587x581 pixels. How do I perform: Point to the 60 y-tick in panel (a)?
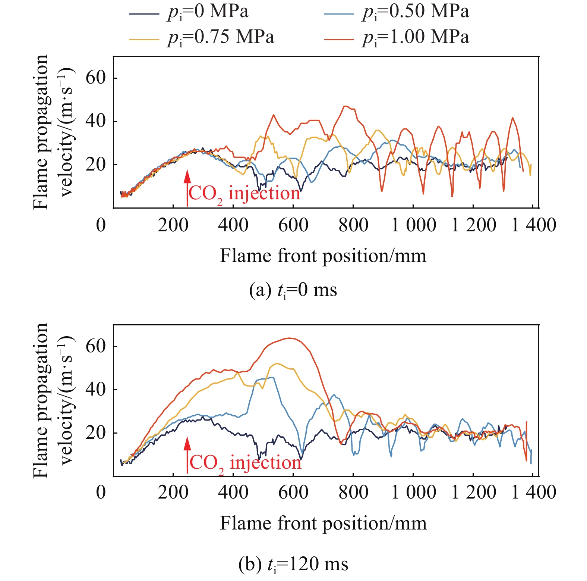(x=95, y=78)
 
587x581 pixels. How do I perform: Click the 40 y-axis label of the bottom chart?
(x=95, y=390)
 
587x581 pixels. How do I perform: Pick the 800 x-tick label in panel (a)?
(x=353, y=225)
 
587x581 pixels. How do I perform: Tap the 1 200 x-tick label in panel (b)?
(x=473, y=492)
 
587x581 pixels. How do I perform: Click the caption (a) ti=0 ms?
(x=293, y=290)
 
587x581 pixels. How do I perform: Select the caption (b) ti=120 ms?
(x=293, y=564)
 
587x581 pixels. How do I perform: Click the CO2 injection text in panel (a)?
(x=244, y=194)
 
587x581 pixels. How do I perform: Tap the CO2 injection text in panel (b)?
(x=245, y=463)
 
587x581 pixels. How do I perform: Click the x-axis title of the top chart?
(x=323, y=256)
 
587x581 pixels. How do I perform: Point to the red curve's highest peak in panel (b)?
(x=290, y=338)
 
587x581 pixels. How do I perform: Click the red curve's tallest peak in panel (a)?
(x=346, y=106)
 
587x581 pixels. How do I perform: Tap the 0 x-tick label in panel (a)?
(x=101, y=225)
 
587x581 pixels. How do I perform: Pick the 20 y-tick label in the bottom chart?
(x=95, y=433)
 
